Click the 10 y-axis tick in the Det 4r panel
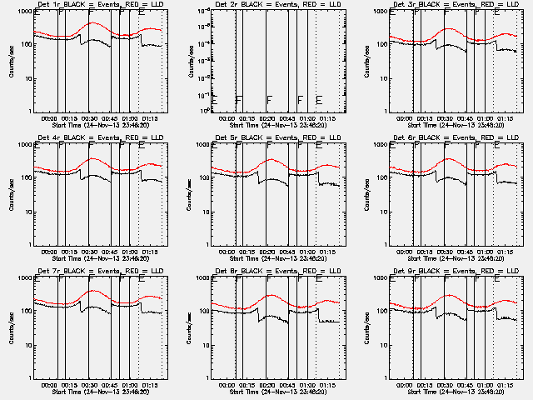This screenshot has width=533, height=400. click(x=27, y=211)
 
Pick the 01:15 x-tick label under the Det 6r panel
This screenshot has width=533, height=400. click(x=507, y=251)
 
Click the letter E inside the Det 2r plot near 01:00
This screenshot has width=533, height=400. click(x=319, y=100)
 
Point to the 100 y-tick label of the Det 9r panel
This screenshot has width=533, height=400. click(x=381, y=311)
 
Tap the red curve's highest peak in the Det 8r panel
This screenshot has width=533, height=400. click(x=271, y=296)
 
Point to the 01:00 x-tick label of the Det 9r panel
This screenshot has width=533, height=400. click(x=486, y=384)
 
